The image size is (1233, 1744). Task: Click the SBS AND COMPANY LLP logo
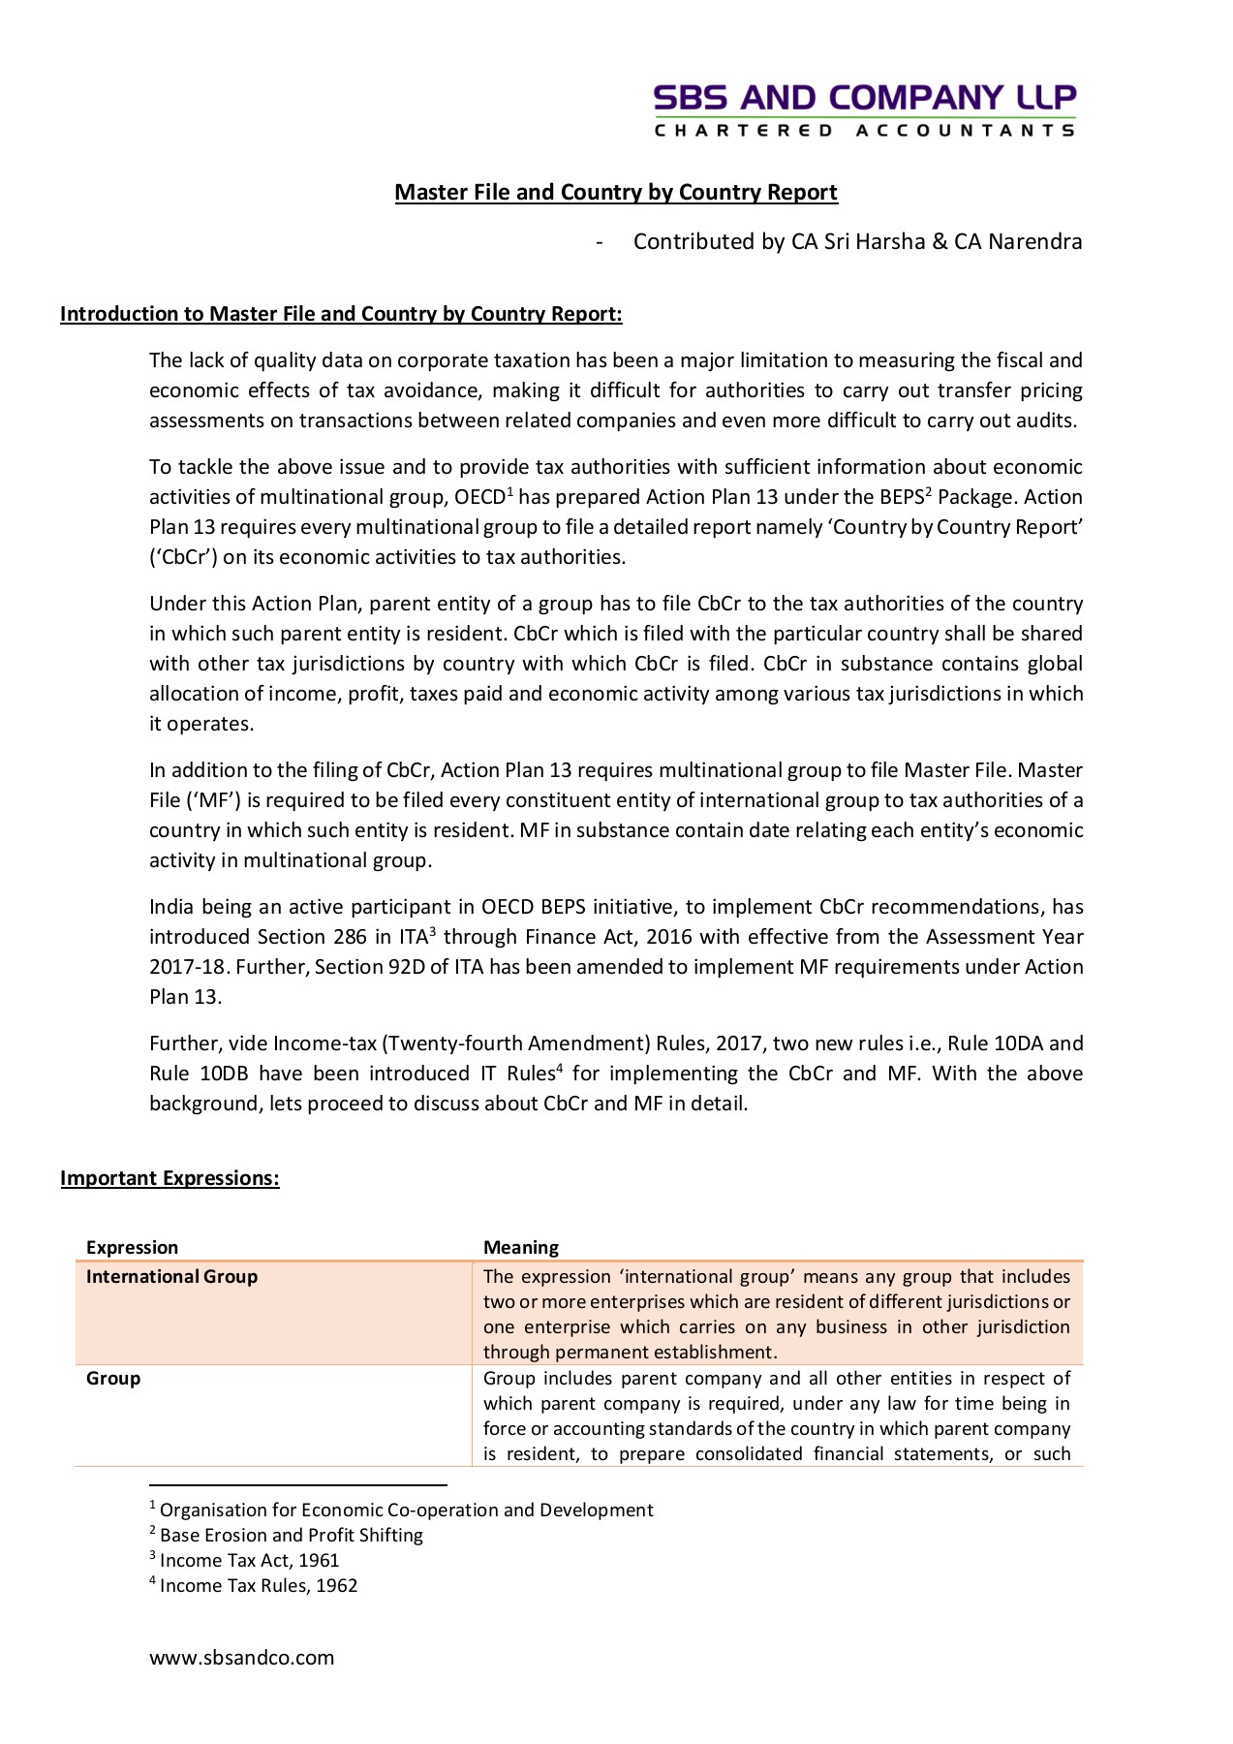click(x=864, y=98)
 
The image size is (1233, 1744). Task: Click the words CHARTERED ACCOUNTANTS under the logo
click(x=864, y=130)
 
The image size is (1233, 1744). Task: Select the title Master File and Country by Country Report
click(x=616, y=192)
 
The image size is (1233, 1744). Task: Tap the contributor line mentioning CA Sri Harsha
click(x=856, y=241)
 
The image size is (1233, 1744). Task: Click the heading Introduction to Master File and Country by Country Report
click(x=341, y=314)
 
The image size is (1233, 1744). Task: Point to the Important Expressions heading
click(x=170, y=1178)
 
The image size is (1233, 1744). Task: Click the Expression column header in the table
click(x=133, y=1248)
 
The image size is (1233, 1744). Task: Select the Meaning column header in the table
click(x=521, y=1248)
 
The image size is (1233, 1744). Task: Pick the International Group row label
click(x=172, y=1277)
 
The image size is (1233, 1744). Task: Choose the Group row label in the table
click(x=113, y=1379)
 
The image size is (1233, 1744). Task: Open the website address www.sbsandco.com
click(x=242, y=1658)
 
